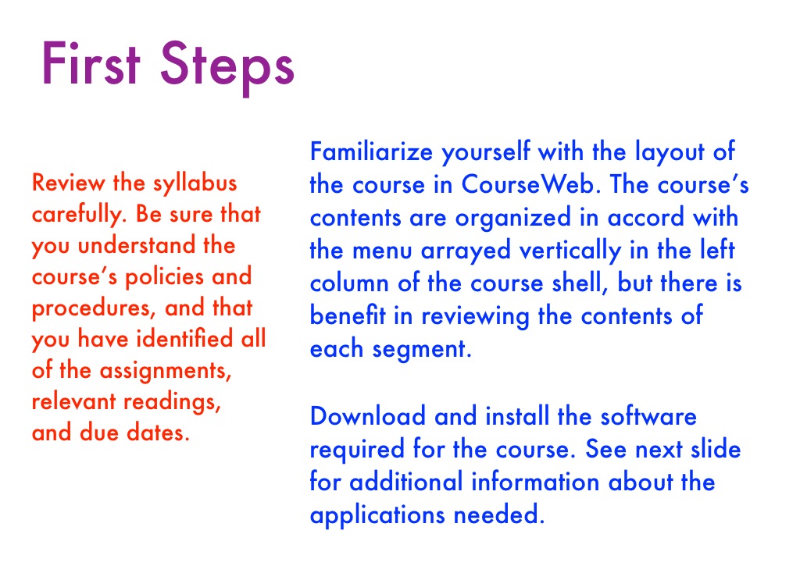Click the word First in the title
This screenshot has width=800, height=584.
click(91, 64)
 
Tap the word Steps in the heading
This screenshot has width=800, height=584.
click(227, 68)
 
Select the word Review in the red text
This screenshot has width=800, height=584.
click(69, 183)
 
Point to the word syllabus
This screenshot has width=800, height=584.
click(195, 183)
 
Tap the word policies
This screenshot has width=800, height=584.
click(165, 277)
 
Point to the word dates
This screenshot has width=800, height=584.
click(158, 433)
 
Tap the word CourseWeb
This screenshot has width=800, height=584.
click(528, 184)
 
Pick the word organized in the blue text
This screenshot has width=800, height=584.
click(512, 219)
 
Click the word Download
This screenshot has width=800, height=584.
click(368, 416)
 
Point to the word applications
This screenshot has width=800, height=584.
click(377, 515)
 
